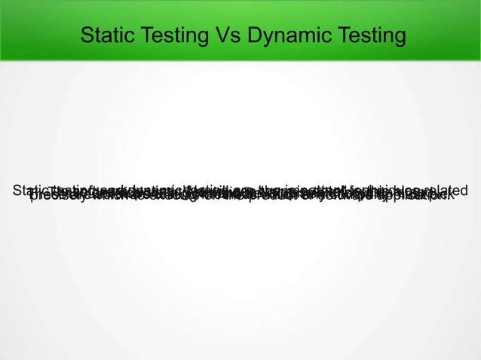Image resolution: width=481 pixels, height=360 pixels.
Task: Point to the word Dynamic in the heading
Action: tap(286, 35)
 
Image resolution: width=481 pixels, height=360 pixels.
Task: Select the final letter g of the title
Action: tap(398, 37)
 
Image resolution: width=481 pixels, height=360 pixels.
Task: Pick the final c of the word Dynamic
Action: tap(321, 37)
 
